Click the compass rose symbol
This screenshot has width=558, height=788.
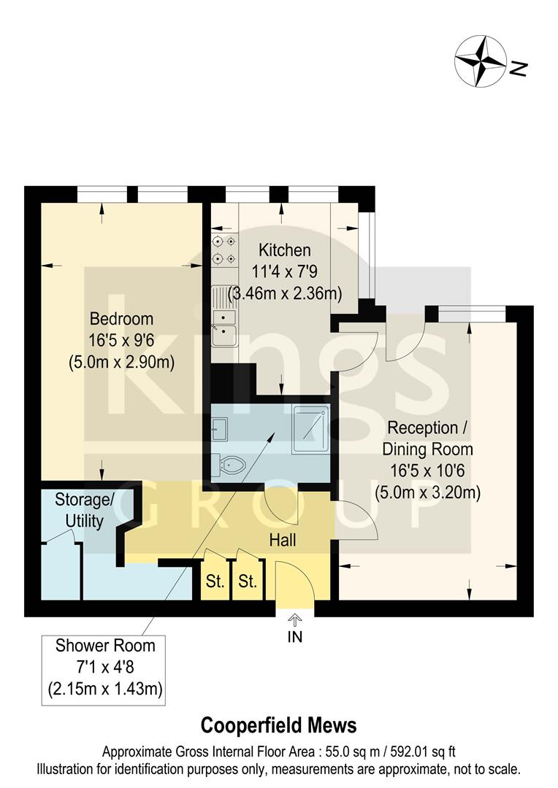tap(481, 60)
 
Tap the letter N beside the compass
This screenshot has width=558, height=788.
tap(518, 69)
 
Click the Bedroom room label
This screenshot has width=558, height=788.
tap(121, 319)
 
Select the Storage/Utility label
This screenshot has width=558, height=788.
tap(85, 511)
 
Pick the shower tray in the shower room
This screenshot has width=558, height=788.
tap(310, 430)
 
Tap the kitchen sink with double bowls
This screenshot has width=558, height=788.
tap(223, 325)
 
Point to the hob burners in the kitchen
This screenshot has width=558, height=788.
tap(223, 250)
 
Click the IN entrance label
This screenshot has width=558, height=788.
tap(294, 636)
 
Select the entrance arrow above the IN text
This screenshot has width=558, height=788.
tap(294, 619)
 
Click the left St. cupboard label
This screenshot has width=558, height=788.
tap(215, 582)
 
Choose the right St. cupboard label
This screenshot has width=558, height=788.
tap(248, 582)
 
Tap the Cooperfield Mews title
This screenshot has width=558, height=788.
tap(279, 725)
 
